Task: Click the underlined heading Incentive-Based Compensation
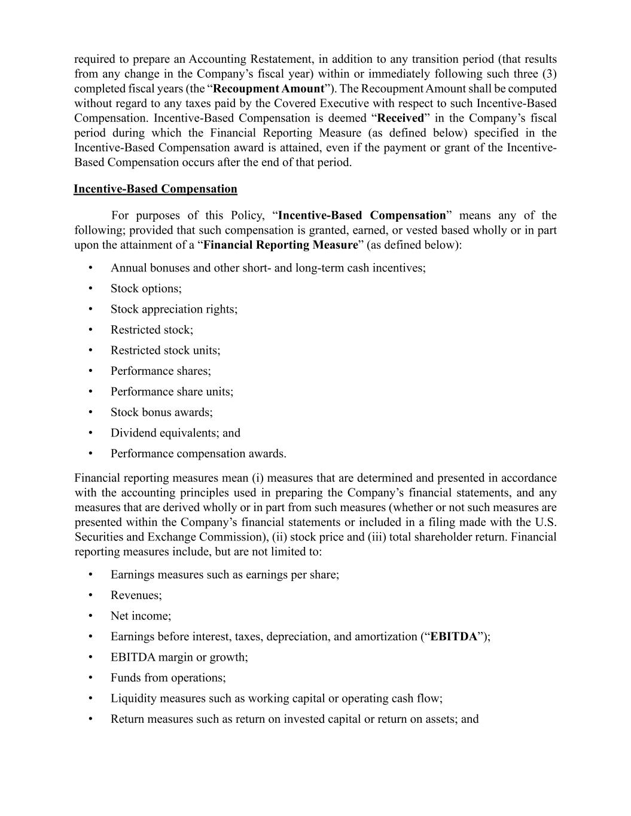(156, 189)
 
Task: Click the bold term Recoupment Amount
(269, 89)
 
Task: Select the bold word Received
(400, 118)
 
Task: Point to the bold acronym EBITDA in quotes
(454, 636)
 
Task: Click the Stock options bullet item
(146, 289)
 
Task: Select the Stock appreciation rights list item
(173, 309)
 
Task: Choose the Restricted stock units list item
(165, 350)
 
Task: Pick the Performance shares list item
(160, 371)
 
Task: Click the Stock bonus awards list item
(161, 412)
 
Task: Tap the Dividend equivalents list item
(175, 433)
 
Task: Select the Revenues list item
(136, 595)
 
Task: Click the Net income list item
(141, 616)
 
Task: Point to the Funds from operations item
(168, 678)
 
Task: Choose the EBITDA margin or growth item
(179, 657)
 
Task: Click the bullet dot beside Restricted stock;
(90, 330)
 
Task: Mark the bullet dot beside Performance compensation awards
(90, 454)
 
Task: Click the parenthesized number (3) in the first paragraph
(549, 74)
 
